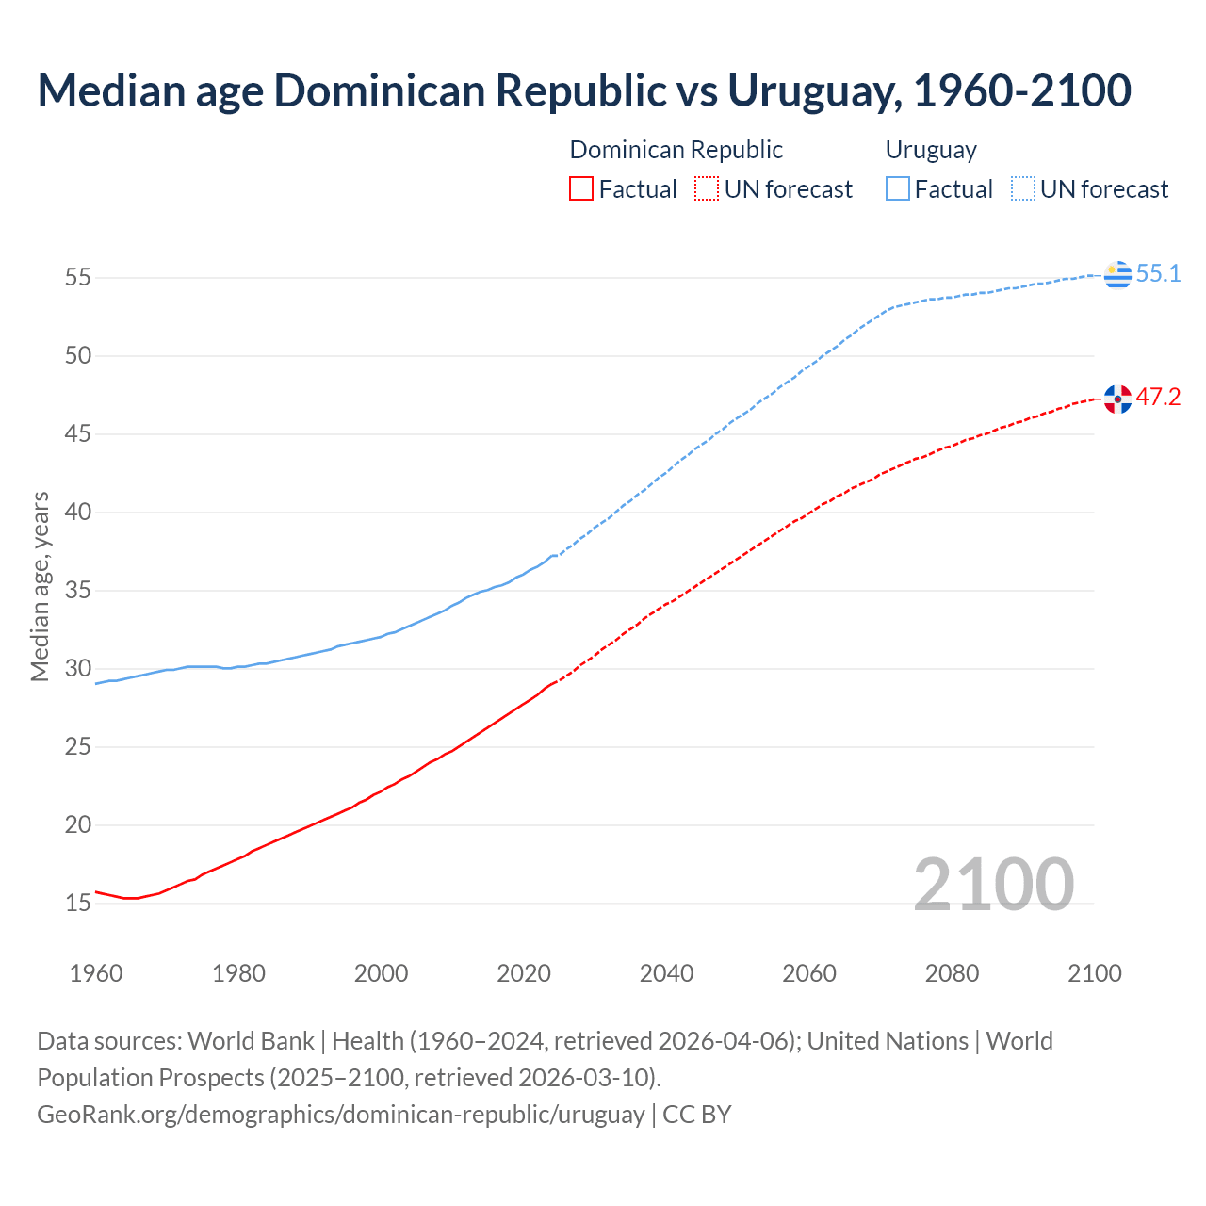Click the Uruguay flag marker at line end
1117,274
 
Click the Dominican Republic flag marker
1117,399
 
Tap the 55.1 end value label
1158,274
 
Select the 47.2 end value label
1158,398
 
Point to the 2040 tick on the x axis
666,973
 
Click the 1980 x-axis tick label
238,973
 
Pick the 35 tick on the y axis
78,591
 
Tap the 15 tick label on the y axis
78,904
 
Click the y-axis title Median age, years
40,586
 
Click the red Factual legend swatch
581,189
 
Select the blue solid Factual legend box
897,189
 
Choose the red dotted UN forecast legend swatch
707,189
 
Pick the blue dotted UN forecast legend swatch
1022,189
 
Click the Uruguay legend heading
931,150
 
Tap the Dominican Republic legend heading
676,150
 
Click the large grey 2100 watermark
993,884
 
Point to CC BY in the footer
697,1115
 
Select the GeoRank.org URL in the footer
340,1115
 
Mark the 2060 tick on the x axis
809,973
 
